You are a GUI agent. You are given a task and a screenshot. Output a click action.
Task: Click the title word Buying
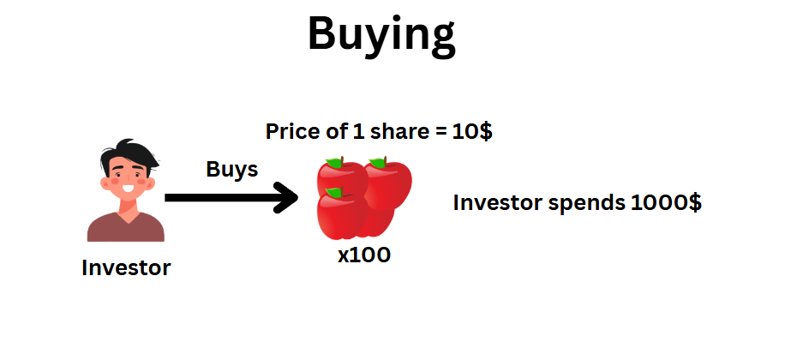click(381, 35)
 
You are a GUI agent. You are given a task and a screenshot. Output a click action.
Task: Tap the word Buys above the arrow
click(232, 169)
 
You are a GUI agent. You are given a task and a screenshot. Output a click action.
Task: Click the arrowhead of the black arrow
click(287, 198)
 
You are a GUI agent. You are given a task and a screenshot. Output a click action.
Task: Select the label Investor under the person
click(126, 267)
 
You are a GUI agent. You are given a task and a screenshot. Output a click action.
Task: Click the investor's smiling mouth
click(128, 189)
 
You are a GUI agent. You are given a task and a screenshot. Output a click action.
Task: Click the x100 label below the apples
click(364, 255)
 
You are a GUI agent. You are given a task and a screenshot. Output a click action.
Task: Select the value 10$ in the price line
click(472, 132)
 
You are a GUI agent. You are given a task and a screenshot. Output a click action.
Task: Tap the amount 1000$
click(666, 203)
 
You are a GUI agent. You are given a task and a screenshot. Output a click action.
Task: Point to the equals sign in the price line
click(440, 133)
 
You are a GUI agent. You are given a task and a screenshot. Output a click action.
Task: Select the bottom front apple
click(342, 214)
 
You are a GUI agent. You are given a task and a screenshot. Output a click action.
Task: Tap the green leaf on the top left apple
click(335, 162)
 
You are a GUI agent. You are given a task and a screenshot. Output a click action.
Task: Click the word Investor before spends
click(498, 203)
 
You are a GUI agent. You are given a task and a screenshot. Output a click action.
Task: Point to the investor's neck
click(127, 206)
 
